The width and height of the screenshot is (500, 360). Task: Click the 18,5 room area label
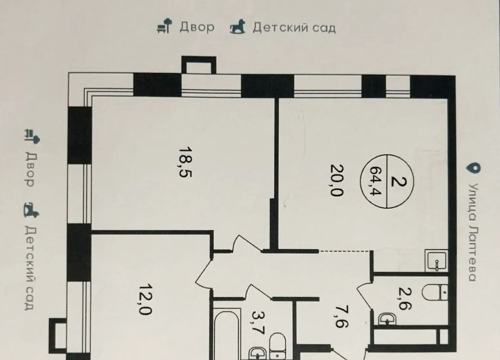pos(185,162)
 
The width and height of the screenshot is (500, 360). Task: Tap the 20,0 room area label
pos(336,181)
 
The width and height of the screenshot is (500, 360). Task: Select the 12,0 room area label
pos(146,299)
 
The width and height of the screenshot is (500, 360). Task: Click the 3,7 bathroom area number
pos(258,323)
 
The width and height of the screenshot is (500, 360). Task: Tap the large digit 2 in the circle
pos(399,182)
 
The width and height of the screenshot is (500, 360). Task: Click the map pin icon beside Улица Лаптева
pos(473,169)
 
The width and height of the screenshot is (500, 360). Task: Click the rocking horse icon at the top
pos(237,27)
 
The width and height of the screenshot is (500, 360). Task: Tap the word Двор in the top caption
pos(197,27)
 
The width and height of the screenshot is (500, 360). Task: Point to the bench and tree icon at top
pos(165,26)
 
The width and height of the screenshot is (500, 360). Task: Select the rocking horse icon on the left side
pos(31,210)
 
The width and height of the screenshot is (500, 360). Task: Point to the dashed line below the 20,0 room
pos(343,251)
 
